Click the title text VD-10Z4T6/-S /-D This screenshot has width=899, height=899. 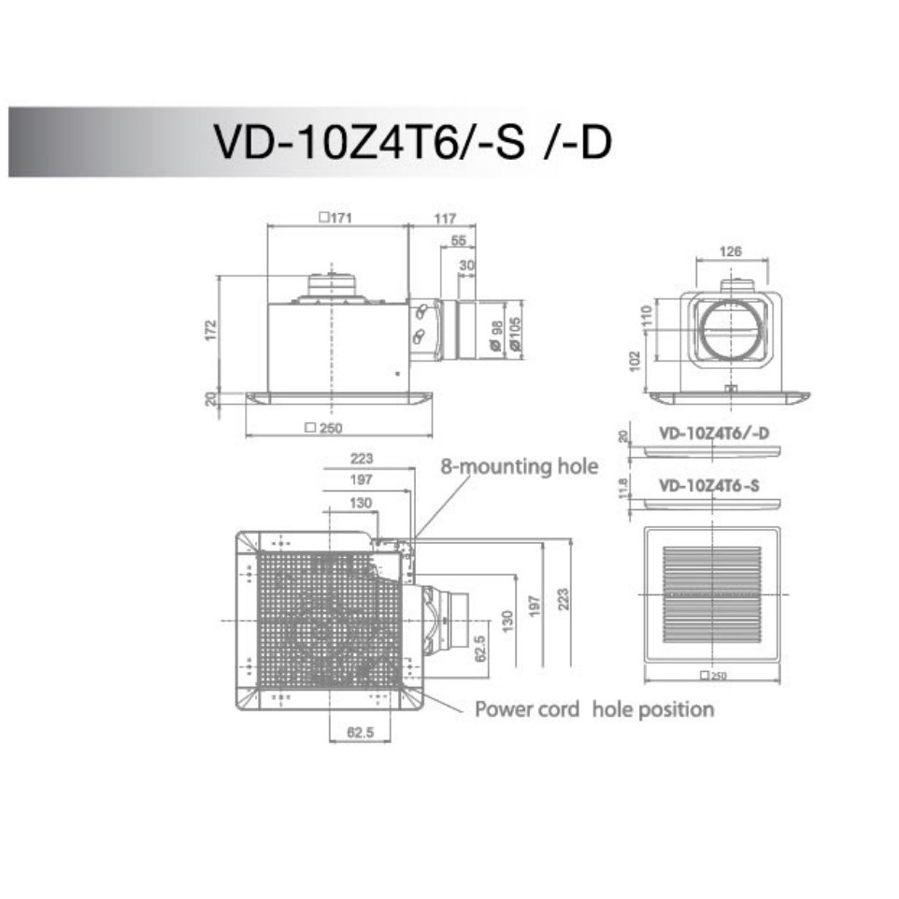413,142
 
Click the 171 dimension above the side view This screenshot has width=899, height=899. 335,218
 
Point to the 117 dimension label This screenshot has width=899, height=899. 445,218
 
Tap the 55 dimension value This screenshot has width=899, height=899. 459,240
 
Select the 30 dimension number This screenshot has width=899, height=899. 467,264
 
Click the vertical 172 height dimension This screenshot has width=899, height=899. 211,330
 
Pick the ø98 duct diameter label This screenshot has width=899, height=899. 496,335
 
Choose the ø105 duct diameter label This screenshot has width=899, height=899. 514,334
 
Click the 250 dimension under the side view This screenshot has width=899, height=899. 324,428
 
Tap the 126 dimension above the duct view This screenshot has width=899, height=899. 731,251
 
